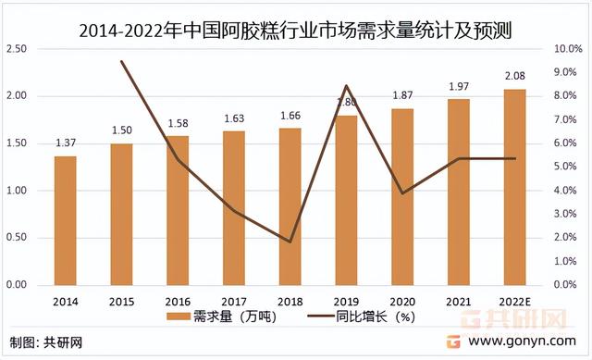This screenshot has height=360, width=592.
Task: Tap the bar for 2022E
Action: coord(514,187)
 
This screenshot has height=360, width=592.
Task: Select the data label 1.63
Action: coord(234,118)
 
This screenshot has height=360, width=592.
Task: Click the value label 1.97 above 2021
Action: coord(459,86)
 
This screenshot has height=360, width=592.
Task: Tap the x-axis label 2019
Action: coord(346,301)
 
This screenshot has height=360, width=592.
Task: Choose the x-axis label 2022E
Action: coord(515,301)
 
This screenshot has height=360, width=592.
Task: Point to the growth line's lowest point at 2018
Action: coord(290,242)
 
